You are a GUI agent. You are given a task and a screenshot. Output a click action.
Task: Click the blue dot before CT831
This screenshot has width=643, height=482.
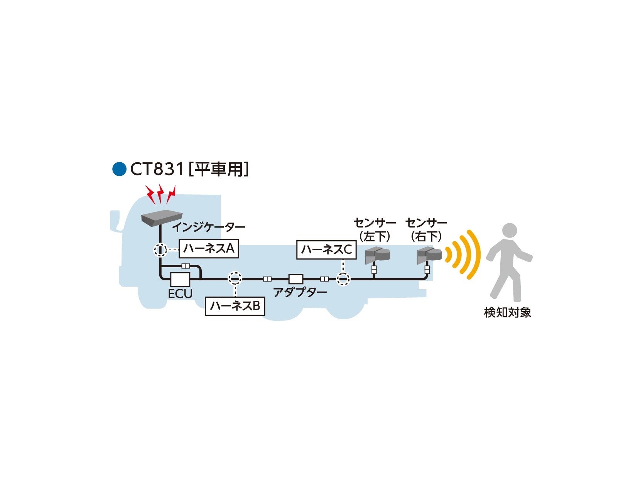coord(119,169)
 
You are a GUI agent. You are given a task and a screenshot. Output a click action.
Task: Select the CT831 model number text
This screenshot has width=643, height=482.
coord(157,169)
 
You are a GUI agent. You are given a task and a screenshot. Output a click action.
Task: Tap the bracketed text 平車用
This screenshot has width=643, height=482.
coord(218,169)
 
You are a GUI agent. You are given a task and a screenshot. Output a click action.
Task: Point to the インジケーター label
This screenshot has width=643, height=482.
coord(208,227)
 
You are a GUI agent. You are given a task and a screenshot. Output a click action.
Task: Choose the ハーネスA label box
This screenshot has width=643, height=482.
coord(209,249)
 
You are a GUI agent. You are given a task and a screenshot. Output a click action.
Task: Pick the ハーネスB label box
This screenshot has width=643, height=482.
coord(235,306)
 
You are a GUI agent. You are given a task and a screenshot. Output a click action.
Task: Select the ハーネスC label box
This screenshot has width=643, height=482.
coord(326,250)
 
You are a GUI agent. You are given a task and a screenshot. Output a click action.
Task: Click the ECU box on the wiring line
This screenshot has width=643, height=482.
coord(180,279)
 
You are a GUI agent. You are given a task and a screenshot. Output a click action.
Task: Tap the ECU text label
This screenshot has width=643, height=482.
coord(180,294)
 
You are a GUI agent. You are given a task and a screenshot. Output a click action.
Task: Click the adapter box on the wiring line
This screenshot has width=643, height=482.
coord(296,279)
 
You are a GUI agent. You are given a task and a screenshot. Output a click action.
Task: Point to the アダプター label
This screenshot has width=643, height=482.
coord(300,292)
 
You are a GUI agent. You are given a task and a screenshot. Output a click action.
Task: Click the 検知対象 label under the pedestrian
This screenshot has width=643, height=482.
coord(508,312)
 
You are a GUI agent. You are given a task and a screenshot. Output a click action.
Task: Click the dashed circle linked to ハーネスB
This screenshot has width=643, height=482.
coord(235,278)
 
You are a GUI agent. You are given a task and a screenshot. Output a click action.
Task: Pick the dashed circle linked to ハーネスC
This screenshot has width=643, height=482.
coord(343,279)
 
